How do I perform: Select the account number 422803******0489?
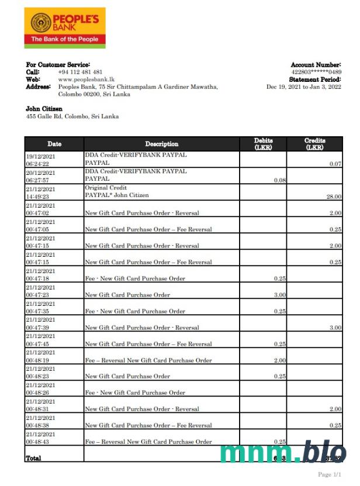316,72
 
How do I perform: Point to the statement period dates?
304,87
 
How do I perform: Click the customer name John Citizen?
44,109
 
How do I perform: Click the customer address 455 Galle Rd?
72,116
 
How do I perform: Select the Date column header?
54,144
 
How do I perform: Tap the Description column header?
162,144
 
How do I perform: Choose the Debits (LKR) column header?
263,144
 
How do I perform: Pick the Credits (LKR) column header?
314,144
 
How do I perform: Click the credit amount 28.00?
334,197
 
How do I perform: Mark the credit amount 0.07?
335,164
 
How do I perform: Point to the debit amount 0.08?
281,181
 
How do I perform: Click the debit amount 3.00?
280,295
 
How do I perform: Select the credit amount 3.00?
335,328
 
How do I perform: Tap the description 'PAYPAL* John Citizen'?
117,195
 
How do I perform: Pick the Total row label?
34,459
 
